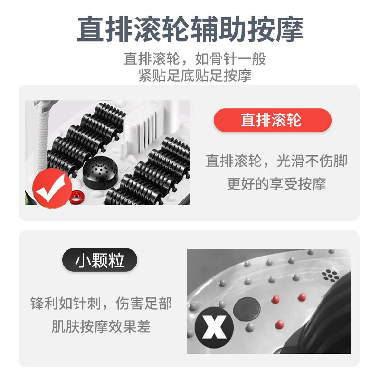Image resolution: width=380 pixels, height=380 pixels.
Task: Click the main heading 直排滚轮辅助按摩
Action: point(190,29)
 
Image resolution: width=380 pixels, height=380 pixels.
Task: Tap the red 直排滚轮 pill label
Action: point(272,120)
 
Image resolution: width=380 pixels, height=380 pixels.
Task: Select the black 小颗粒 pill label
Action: point(100,260)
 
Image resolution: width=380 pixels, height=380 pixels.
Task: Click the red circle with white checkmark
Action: point(52,188)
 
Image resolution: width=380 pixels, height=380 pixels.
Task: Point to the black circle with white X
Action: point(214,327)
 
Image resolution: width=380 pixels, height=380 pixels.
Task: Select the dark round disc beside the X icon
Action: point(247,309)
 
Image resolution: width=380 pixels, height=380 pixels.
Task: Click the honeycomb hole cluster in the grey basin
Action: point(330,275)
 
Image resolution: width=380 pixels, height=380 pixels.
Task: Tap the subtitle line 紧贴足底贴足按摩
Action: point(195,76)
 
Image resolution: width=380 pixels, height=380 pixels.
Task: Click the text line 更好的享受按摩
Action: point(276,184)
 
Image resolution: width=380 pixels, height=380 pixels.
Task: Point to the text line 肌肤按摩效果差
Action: point(101,326)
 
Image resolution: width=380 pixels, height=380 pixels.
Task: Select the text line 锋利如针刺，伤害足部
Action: point(101,304)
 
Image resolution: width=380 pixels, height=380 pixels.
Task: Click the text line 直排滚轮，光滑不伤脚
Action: point(276,161)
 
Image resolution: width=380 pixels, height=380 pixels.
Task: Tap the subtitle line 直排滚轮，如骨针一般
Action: point(195,58)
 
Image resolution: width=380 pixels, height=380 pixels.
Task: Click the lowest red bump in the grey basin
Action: point(280,324)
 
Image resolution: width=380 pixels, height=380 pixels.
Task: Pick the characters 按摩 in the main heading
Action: point(275,29)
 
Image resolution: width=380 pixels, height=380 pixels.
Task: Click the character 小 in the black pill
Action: point(81,260)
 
